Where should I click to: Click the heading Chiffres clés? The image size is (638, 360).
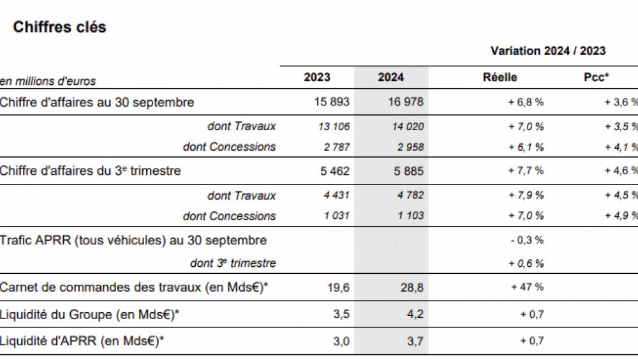click(x=59, y=27)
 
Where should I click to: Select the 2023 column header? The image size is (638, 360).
click(x=317, y=77)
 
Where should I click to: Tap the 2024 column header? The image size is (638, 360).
click(x=390, y=77)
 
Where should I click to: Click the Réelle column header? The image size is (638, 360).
click(x=500, y=77)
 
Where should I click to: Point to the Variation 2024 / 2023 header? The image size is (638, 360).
click(x=548, y=50)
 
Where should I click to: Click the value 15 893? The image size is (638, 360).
click(x=332, y=102)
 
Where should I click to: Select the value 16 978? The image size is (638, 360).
click(x=405, y=102)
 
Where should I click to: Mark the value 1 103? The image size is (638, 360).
click(x=410, y=216)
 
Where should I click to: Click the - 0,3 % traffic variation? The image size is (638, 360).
click(x=526, y=241)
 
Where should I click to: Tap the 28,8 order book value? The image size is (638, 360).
click(x=412, y=288)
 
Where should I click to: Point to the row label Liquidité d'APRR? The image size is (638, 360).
click(x=82, y=341)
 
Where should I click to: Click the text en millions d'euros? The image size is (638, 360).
click(x=48, y=81)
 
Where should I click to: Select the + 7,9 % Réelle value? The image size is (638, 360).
click(x=526, y=195)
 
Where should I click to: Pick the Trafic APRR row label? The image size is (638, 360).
click(x=133, y=241)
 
